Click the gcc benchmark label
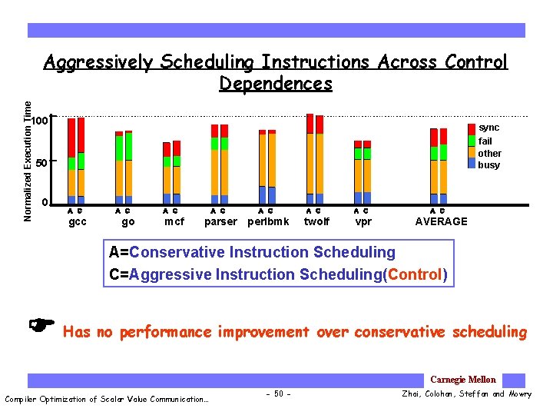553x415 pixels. [x=78, y=222]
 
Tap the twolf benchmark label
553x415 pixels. [x=316, y=222]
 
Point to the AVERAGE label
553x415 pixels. [x=441, y=222]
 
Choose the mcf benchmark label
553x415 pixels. [x=174, y=222]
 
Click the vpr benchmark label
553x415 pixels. [x=363, y=222]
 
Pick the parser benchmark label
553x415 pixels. [x=220, y=222]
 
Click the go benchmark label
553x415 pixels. [x=128, y=222]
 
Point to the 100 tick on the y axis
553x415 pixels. [x=40, y=121]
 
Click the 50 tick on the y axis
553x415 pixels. [x=42, y=163]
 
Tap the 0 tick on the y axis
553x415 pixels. [x=45, y=203]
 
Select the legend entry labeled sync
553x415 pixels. [x=488, y=128]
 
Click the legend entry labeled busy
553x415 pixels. [x=488, y=164]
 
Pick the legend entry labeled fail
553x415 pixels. [x=485, y=141]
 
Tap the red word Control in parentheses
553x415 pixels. [x=415, y=274]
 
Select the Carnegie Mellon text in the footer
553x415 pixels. [x=463, y=380]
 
